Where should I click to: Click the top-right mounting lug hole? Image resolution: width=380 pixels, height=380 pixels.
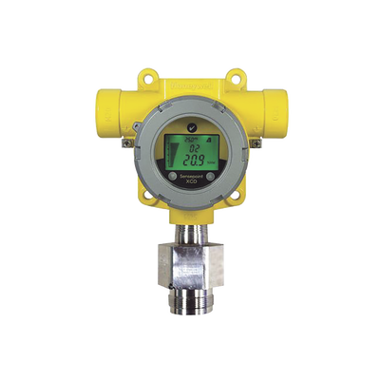click(234, 72)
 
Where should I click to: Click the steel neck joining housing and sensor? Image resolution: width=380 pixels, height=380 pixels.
click(190, 239)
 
